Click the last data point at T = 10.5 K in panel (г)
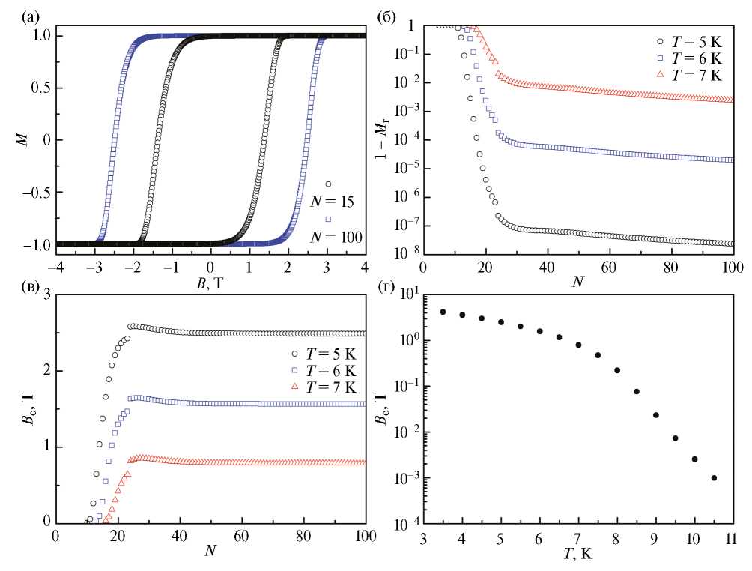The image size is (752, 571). [x=714, y=478]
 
